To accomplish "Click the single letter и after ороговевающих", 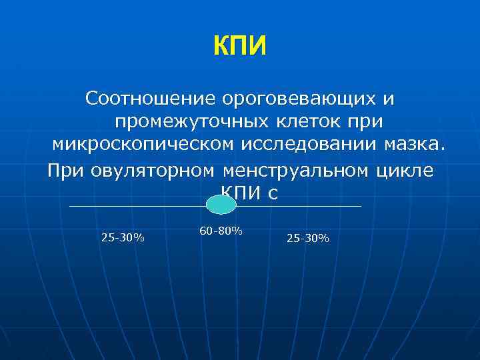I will pos(389,99).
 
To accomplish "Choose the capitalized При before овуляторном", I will pos(64,170).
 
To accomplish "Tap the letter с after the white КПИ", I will pos(271,194).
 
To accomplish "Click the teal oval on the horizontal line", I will pos(221,205).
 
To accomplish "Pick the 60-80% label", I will pos(220,231).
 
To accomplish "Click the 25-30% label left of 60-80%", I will pos(123,237).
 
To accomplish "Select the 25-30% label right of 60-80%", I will pos(307,238).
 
